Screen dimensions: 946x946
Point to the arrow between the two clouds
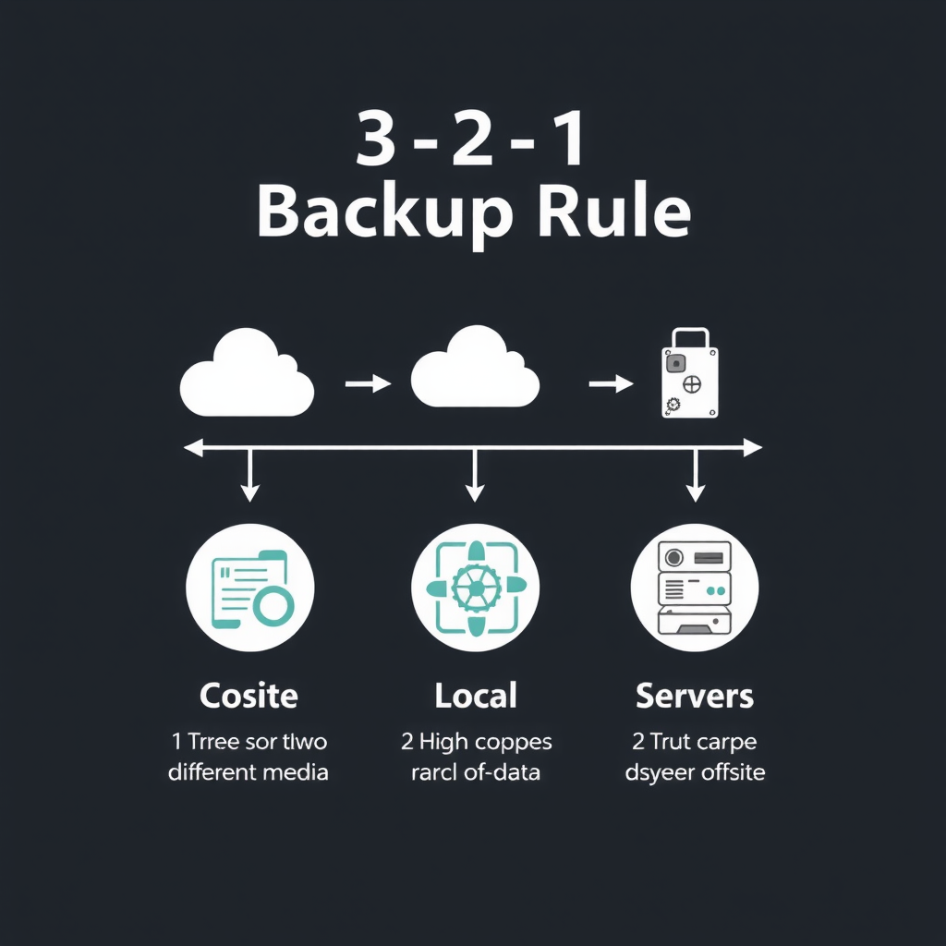(368, 383)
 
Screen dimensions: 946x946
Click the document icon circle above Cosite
(250, 588)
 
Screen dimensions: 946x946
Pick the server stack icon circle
(695, 588)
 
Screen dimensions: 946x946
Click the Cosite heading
(249, 695)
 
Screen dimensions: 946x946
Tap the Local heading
(475, 695)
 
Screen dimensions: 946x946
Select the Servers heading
(695, 696)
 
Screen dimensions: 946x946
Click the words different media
(249, 771)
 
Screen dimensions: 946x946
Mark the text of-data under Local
(504, 771)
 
